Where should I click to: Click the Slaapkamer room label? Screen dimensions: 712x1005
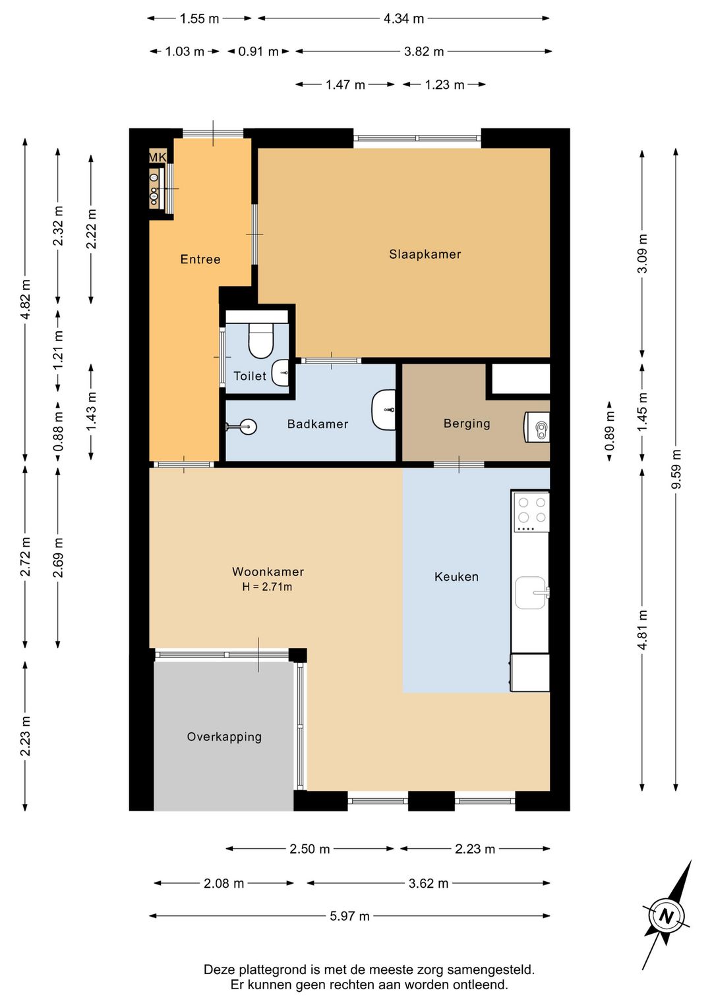pyautogui.click(x=425, y=254)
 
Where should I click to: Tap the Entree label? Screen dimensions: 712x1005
pyautogui.click(x=200, y=259)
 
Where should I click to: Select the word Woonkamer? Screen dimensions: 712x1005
pyautogui.click(x=268, y=572)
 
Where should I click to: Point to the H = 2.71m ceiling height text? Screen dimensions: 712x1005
pyautogui.click(x=267, y=587)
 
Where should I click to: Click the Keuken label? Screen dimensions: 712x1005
pyautogui.click(x=456, y=576)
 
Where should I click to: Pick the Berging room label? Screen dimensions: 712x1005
pyautogui.click(x=467, y=423)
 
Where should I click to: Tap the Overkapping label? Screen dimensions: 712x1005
pyautogui.click(x=224, y=737)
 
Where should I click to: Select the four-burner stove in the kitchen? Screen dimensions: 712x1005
pyautogui.click(x=531, y=512)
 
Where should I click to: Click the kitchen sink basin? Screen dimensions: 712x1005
pyautogui.click(x=531, y=593)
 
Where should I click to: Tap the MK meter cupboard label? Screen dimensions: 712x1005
pyautogui.click(x=158, y=157)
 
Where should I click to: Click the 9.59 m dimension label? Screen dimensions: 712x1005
pyautogui.click(x=676, y=470)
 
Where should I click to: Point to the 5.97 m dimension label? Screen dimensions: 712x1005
pyautogui.click(x=349, y=915)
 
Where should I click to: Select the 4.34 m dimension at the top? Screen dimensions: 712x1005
pyautogui.click(x=404, y=19)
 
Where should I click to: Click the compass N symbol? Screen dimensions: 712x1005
pyautogui.click(x=667, y=916)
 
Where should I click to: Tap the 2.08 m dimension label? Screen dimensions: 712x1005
pyautogui.click(x=223, y=883)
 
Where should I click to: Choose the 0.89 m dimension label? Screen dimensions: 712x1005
pyautogui.click(x=610, y=431)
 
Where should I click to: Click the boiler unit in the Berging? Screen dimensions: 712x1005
pyautogui.click(x=537, y=427)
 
